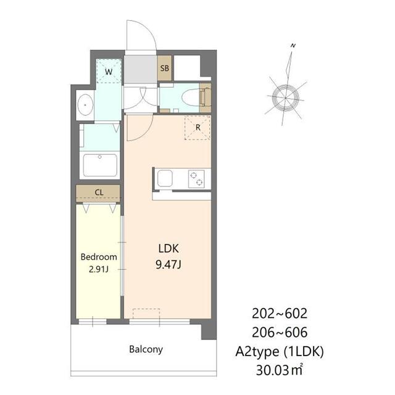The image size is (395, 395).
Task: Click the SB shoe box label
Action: tap(165, 68)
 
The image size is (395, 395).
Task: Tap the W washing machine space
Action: tap(109, 71)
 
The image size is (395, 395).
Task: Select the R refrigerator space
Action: tap(197, 128)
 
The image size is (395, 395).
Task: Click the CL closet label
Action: tap(99, 193)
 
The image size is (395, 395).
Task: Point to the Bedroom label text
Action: tap(99, 257)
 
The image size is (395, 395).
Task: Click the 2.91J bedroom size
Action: tap(99, 269)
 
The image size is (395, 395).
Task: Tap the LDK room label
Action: tap(168, 249)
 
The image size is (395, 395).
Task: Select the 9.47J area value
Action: tap(168, 265)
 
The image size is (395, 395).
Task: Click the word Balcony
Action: tap(146, 349)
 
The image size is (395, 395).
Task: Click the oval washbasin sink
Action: tap(85, 105)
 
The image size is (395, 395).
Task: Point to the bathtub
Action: tap(100, 165)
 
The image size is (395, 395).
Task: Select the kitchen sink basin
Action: tap(165, 178)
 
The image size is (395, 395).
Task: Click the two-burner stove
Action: tap(196, 178)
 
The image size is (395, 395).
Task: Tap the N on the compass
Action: tap(293, 46)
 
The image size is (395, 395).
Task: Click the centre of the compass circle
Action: tap(286, 98)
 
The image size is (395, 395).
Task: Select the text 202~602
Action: tap(280, 314)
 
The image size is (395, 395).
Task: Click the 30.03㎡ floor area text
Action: tap(279, 370)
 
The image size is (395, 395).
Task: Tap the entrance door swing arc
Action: tap(151, 31)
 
